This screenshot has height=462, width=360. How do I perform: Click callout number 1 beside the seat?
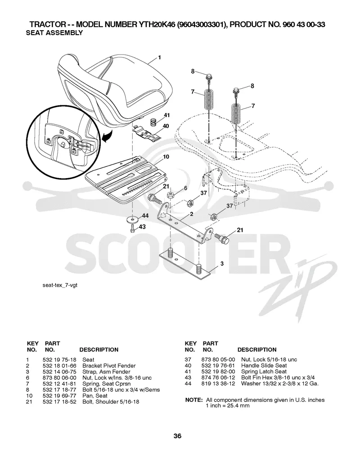tap(159, 58)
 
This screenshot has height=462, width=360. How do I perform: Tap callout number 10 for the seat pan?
tap(166, 157)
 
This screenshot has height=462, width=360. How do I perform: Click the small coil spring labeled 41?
tap(153, 122)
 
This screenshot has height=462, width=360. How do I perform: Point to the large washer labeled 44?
tap(132, 220)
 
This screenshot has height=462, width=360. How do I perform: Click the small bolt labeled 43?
tap(133, 228)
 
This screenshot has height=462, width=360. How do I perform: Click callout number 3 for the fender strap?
tap(222, 264)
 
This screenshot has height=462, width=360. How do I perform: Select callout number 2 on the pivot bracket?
tap(192, 214)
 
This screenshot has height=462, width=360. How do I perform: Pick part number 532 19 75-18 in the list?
tap(59, 359)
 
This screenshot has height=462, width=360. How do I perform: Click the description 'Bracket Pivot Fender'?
tap(109, 366)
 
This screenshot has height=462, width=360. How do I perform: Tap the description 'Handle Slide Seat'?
tap(264, 366)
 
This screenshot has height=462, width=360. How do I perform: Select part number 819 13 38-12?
tap(218, 384)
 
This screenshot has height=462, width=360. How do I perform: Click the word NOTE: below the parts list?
tap(193, 400)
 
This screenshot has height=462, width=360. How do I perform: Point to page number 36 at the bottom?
tap(177, 436)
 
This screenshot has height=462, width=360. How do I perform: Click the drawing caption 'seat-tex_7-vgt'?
tap(60, 285)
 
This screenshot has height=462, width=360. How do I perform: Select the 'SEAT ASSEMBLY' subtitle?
tap(54, 33)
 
